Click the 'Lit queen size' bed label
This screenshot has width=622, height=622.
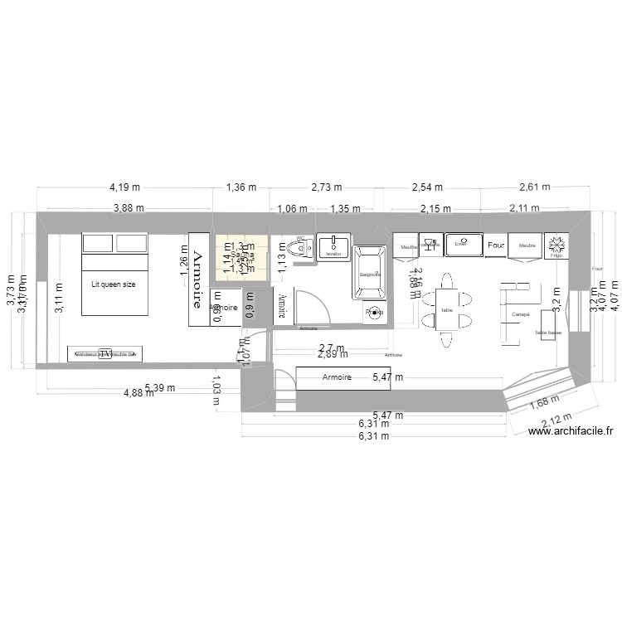click(114, 284)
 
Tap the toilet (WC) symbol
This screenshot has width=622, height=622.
click(302, 250)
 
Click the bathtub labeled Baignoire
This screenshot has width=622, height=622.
click(369, 273)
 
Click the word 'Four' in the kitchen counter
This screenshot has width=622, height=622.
click(496, 245)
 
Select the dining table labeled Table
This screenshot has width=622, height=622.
click(447, 309)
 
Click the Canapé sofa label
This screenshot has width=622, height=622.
click(521, 314)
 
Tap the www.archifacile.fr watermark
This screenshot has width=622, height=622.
click(571, 430)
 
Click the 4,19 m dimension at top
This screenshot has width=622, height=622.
click(124, 187)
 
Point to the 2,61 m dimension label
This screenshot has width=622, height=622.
click(534, 187)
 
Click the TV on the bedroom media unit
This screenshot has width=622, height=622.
click(105, 353)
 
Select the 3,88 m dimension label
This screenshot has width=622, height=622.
click(129, 209)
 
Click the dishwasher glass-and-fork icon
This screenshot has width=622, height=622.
click(429, 245)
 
